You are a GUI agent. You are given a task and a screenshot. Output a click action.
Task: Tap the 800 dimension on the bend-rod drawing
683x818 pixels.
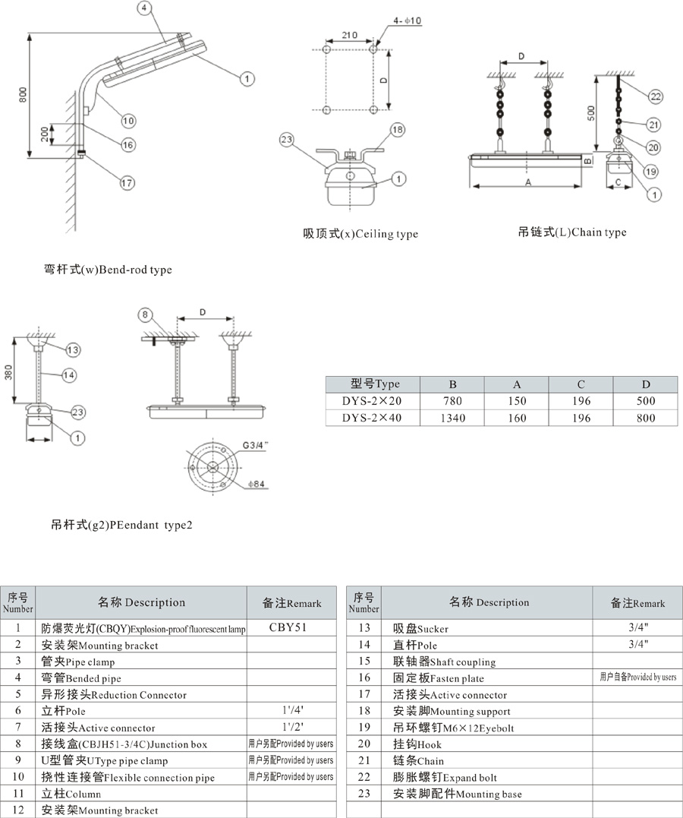pyautogui.click(x=23, y=94)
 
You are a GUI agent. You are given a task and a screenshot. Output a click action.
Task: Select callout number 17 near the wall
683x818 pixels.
pyautogui.click(x=127, y=182)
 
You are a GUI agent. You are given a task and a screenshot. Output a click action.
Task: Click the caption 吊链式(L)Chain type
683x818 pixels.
pyautogui.click(x=572, y=232)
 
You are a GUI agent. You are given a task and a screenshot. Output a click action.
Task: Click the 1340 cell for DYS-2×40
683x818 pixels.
pyautogui.click(x=453, y=418)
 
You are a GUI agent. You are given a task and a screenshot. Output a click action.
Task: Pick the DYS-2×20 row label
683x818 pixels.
pyautogui.click(x=371, y=401)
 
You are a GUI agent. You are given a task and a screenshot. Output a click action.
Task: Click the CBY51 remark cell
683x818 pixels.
pyautogui.click(x=291, y=628)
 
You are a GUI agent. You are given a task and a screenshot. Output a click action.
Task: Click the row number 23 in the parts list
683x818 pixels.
pyautogui.click(x=364, y=794)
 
